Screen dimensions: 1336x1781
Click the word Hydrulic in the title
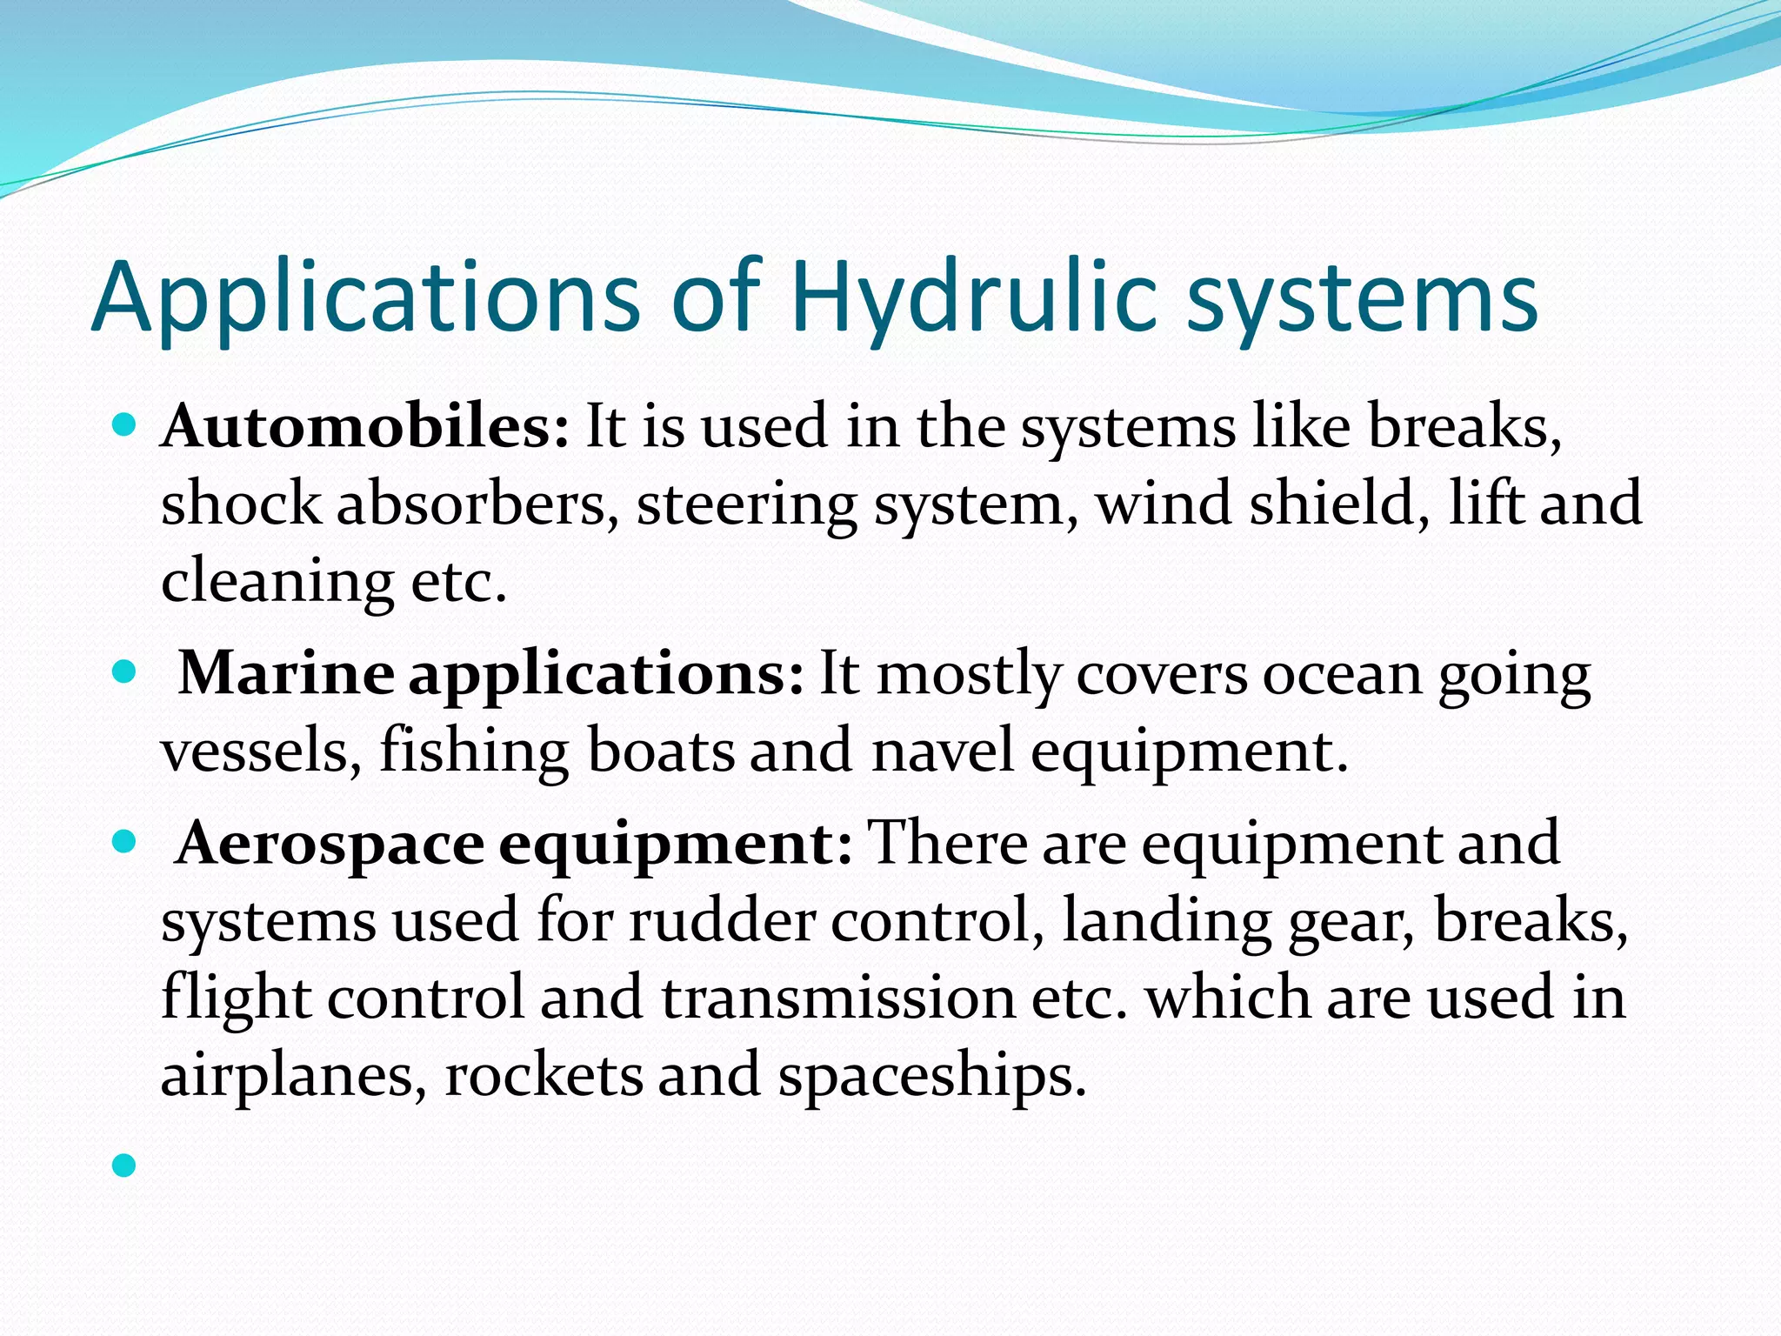[974, 297]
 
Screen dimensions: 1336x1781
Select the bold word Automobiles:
[365, 427]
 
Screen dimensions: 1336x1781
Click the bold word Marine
[286, 673]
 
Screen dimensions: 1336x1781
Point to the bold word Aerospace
[330, 843]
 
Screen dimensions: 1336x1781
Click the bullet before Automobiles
[125, 425]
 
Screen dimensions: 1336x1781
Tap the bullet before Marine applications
[125, 671]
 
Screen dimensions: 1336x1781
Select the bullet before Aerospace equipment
[125, 841]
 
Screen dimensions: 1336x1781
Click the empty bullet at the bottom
[125, 1166]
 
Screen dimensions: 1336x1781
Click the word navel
[944, 751]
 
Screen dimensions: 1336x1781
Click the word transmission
[838, 998]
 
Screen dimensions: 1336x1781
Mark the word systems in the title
[1363, 297]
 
